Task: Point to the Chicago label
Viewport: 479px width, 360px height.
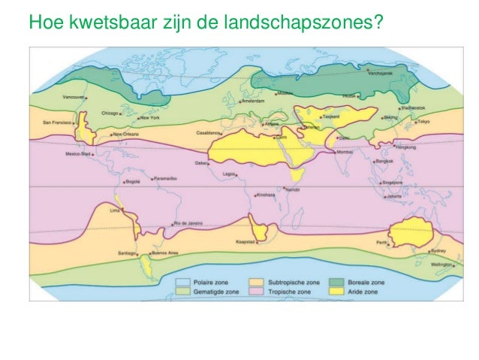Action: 110,113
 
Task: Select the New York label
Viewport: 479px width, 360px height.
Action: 150,118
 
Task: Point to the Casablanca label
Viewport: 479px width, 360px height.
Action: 208,132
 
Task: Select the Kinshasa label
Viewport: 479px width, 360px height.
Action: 267,195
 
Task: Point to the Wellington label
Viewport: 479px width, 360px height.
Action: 441,265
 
